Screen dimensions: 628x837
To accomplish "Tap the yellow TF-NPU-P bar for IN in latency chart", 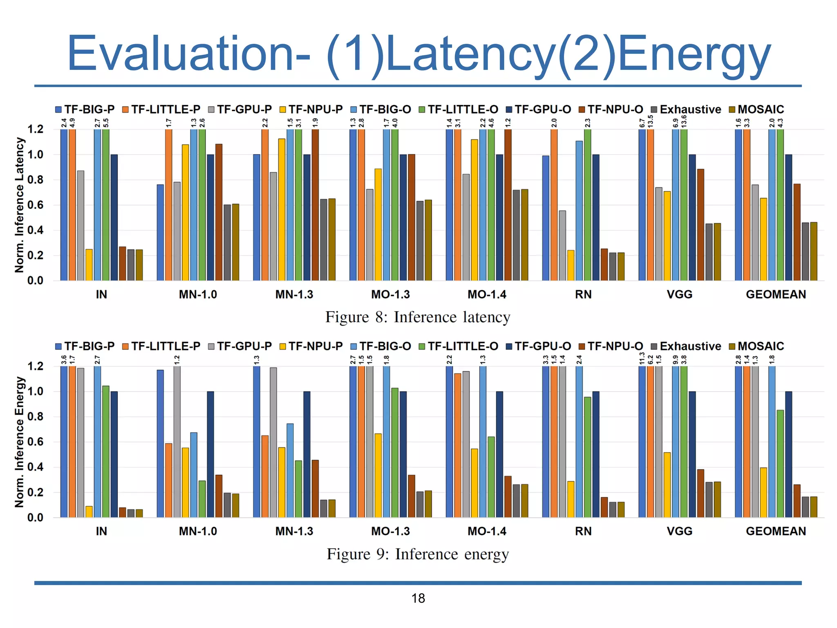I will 89,265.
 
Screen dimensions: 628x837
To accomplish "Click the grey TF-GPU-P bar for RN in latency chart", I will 562,245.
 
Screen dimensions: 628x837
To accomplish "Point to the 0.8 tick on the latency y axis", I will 35,180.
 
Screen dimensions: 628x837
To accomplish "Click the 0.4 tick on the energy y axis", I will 35,467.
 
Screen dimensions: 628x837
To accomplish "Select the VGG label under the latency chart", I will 679,294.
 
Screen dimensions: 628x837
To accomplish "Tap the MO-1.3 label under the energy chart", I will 390,531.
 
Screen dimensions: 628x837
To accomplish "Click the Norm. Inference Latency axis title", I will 19,204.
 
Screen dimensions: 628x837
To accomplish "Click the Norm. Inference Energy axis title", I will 19,442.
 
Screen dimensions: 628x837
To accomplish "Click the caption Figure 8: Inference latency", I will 418,317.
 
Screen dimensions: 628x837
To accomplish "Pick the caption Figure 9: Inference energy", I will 418,554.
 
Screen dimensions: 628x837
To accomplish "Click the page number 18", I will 418,598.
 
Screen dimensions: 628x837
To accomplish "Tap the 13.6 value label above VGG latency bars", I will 684,121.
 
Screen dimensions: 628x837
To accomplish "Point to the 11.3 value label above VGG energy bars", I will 642,358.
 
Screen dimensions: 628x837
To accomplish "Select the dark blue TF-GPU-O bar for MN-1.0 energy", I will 210,454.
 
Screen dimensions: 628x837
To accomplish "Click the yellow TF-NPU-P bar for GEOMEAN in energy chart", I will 763,492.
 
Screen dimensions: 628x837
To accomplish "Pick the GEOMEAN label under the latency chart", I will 776,294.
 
